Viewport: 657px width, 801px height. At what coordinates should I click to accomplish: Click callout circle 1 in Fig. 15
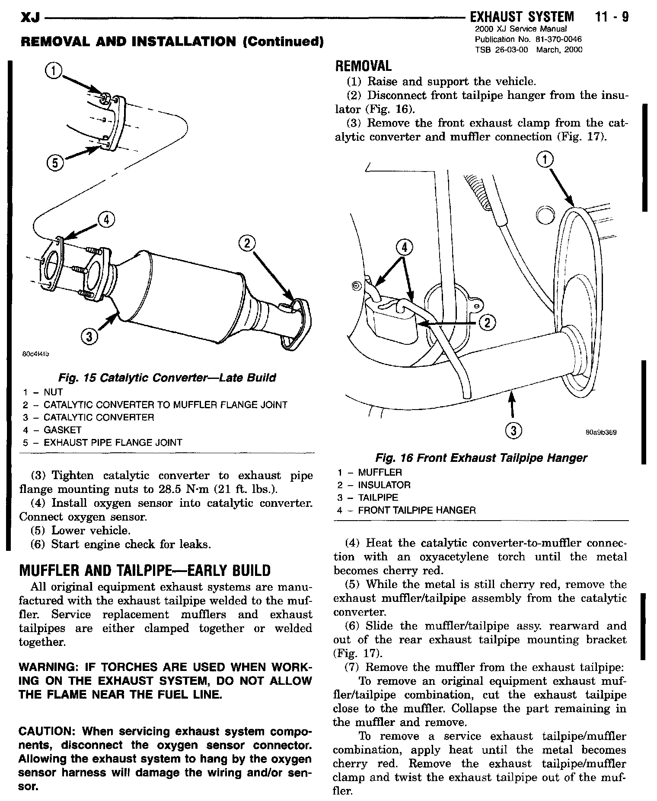(x=53, y=71)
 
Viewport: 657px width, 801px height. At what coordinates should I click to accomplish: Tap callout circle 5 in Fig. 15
(x=54, y=163)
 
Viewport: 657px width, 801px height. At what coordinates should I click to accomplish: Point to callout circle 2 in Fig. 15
(x=246, y=244)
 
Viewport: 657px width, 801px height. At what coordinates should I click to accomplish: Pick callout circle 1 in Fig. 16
(x=545, y=160)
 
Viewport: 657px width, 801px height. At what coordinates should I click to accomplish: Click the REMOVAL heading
(x=363, y=66)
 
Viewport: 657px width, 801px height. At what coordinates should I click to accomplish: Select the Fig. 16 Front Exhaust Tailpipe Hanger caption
(x=482, y=458)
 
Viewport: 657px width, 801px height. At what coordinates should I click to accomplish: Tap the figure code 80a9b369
(x=601, y=432)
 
